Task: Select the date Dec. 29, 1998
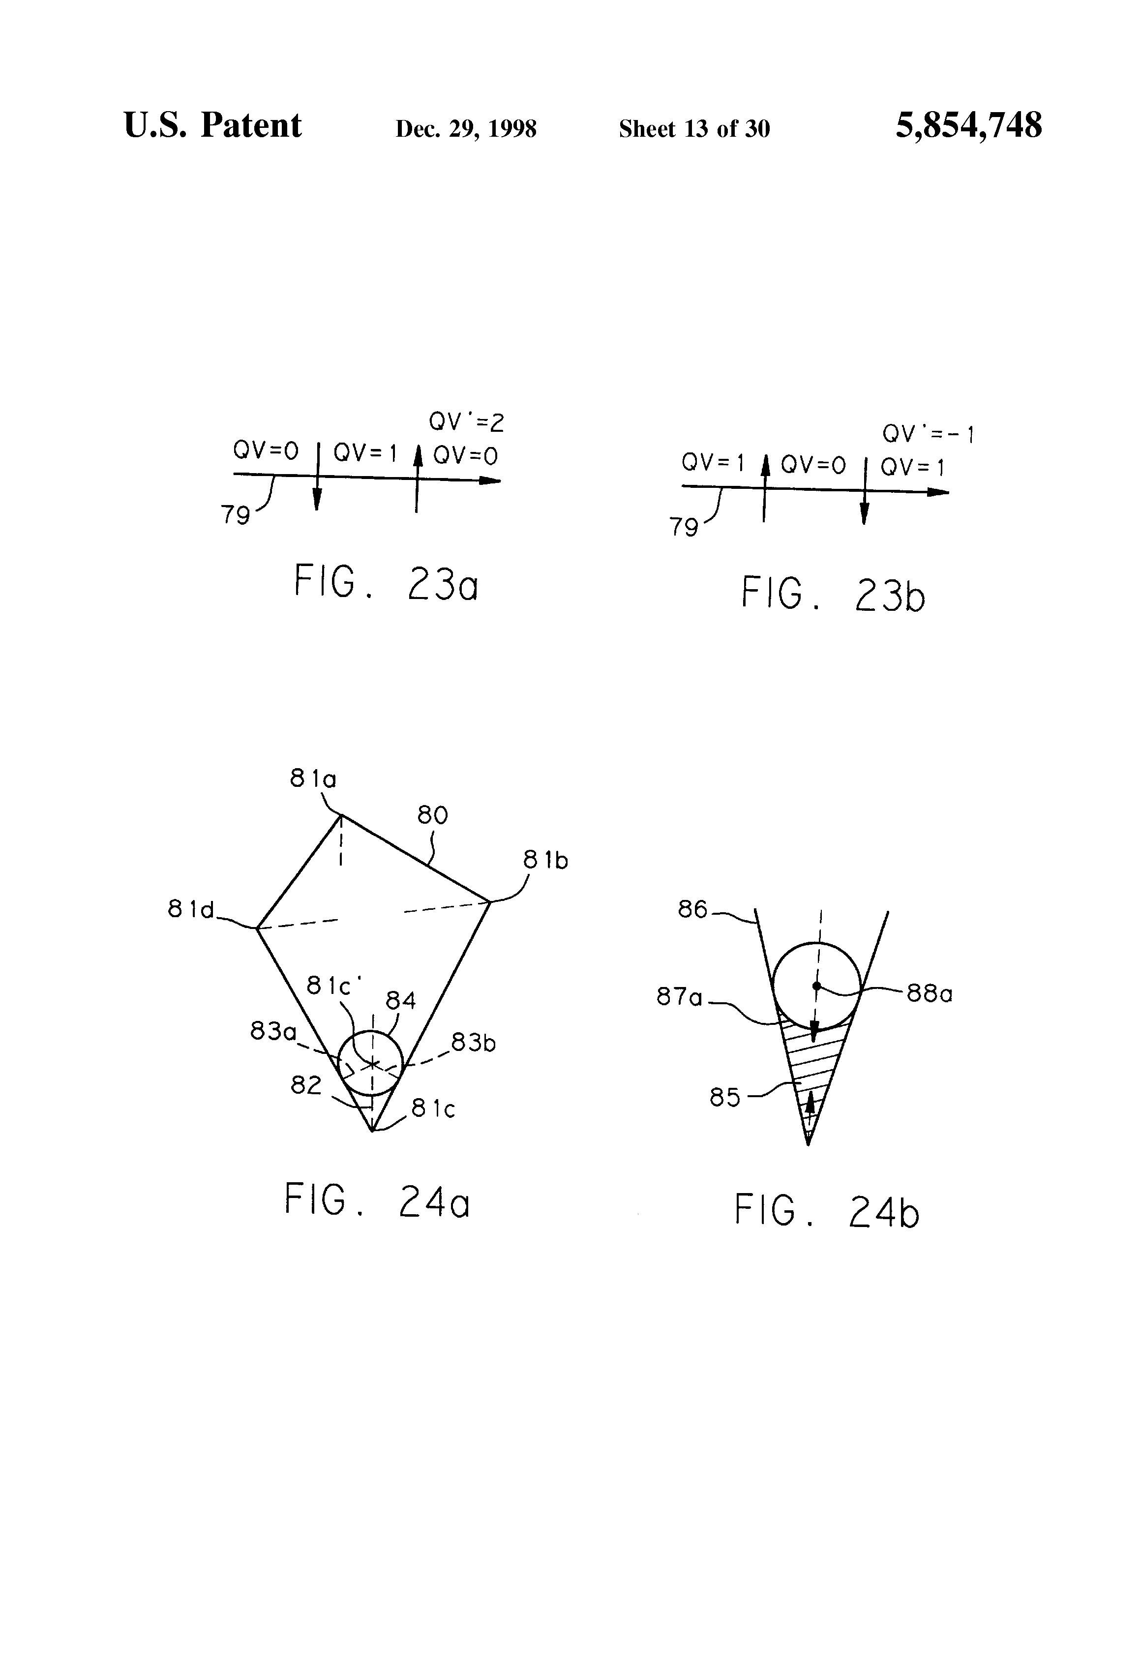click(x=466, y=129)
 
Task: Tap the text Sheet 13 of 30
click(x=694, y=129)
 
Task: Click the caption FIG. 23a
click(x=386, y=583)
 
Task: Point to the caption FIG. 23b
click(x=833, y=595)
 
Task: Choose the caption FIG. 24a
click(x=377, y=1200)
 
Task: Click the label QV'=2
click(x=466, y=422)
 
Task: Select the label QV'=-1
click(x=928, y=434)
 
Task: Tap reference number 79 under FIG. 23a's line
click(x=235, y=515)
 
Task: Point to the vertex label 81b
click(x=545, y=860)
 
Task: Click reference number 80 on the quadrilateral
click(x=433, y=816)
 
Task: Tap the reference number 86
click(x=692, y=909)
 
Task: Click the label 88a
click(x=929, y=994)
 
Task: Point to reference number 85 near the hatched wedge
click(x=725, y=1098)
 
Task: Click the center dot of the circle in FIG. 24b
click(x=816, y=985)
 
